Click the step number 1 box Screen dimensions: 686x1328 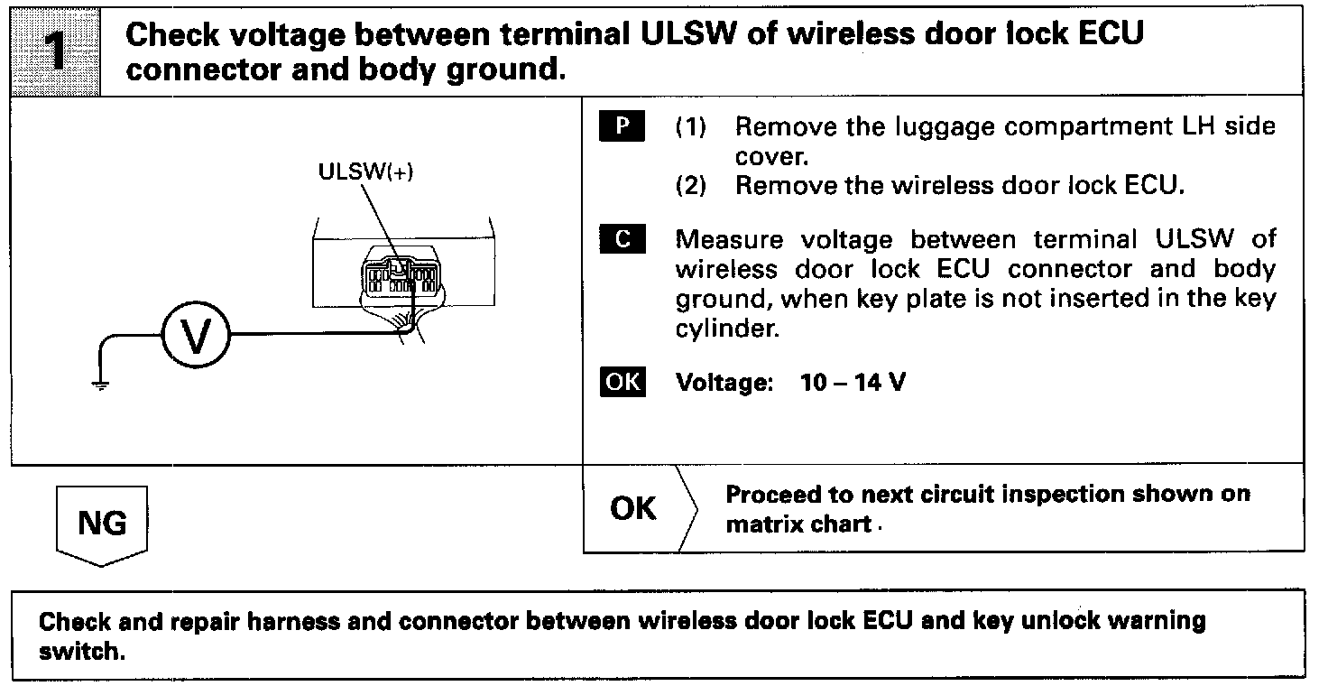[55, 51]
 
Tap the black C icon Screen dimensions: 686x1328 [621, 241]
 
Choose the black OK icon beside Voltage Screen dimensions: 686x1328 [622, 383]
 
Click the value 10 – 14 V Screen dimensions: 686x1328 [853, 383]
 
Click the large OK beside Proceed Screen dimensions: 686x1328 [632, 509]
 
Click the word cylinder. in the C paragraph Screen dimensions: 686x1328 [726, 329]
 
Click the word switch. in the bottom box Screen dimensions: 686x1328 [80, 652]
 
